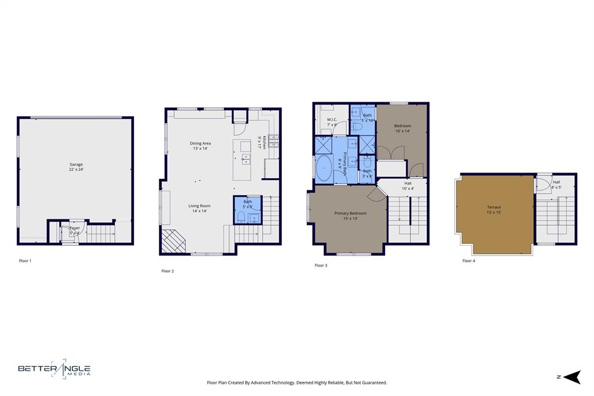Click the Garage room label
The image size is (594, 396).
[x=76, y=165]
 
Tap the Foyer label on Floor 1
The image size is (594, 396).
[x=75, y=228]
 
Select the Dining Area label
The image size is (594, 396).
[x=200, y=143]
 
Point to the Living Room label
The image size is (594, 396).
[x=199, y=206]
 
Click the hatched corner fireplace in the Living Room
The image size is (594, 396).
[x=172, y=241]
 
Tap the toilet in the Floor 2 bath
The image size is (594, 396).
[x=241, y=218]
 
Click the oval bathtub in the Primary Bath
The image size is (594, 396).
[x=324, y=169]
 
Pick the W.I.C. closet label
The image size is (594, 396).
[x=332, y=121]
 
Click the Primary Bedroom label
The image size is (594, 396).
[x=350, y=213]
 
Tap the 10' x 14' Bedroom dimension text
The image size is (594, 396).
[x=402, y=131]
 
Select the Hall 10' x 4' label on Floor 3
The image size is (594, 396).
[x=408, y=185]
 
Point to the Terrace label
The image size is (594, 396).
[x=494, y=207]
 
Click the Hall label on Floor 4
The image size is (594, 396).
[x=556, y=182]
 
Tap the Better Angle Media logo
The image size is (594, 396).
[x=54, y=369]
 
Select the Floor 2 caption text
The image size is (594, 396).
[x=168, y=271]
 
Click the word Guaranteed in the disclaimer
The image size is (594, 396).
[x=372, y=383]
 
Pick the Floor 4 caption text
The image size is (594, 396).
[x=469, y=261]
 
